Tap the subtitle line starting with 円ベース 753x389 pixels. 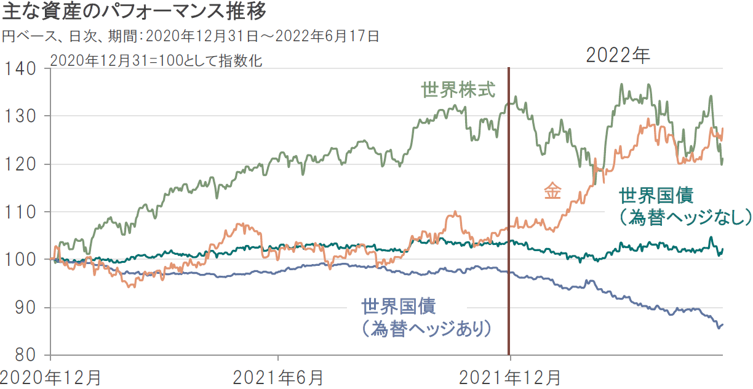190,36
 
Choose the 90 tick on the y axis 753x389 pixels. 23,308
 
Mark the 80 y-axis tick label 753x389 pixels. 23,356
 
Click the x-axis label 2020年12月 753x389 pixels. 50,377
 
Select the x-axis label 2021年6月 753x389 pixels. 278,377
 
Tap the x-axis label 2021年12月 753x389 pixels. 510,377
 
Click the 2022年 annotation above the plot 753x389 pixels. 618,55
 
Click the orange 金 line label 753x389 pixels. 552,191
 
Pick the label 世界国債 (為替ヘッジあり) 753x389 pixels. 426,317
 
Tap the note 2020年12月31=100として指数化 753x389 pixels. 156,61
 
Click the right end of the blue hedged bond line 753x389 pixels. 722,324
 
